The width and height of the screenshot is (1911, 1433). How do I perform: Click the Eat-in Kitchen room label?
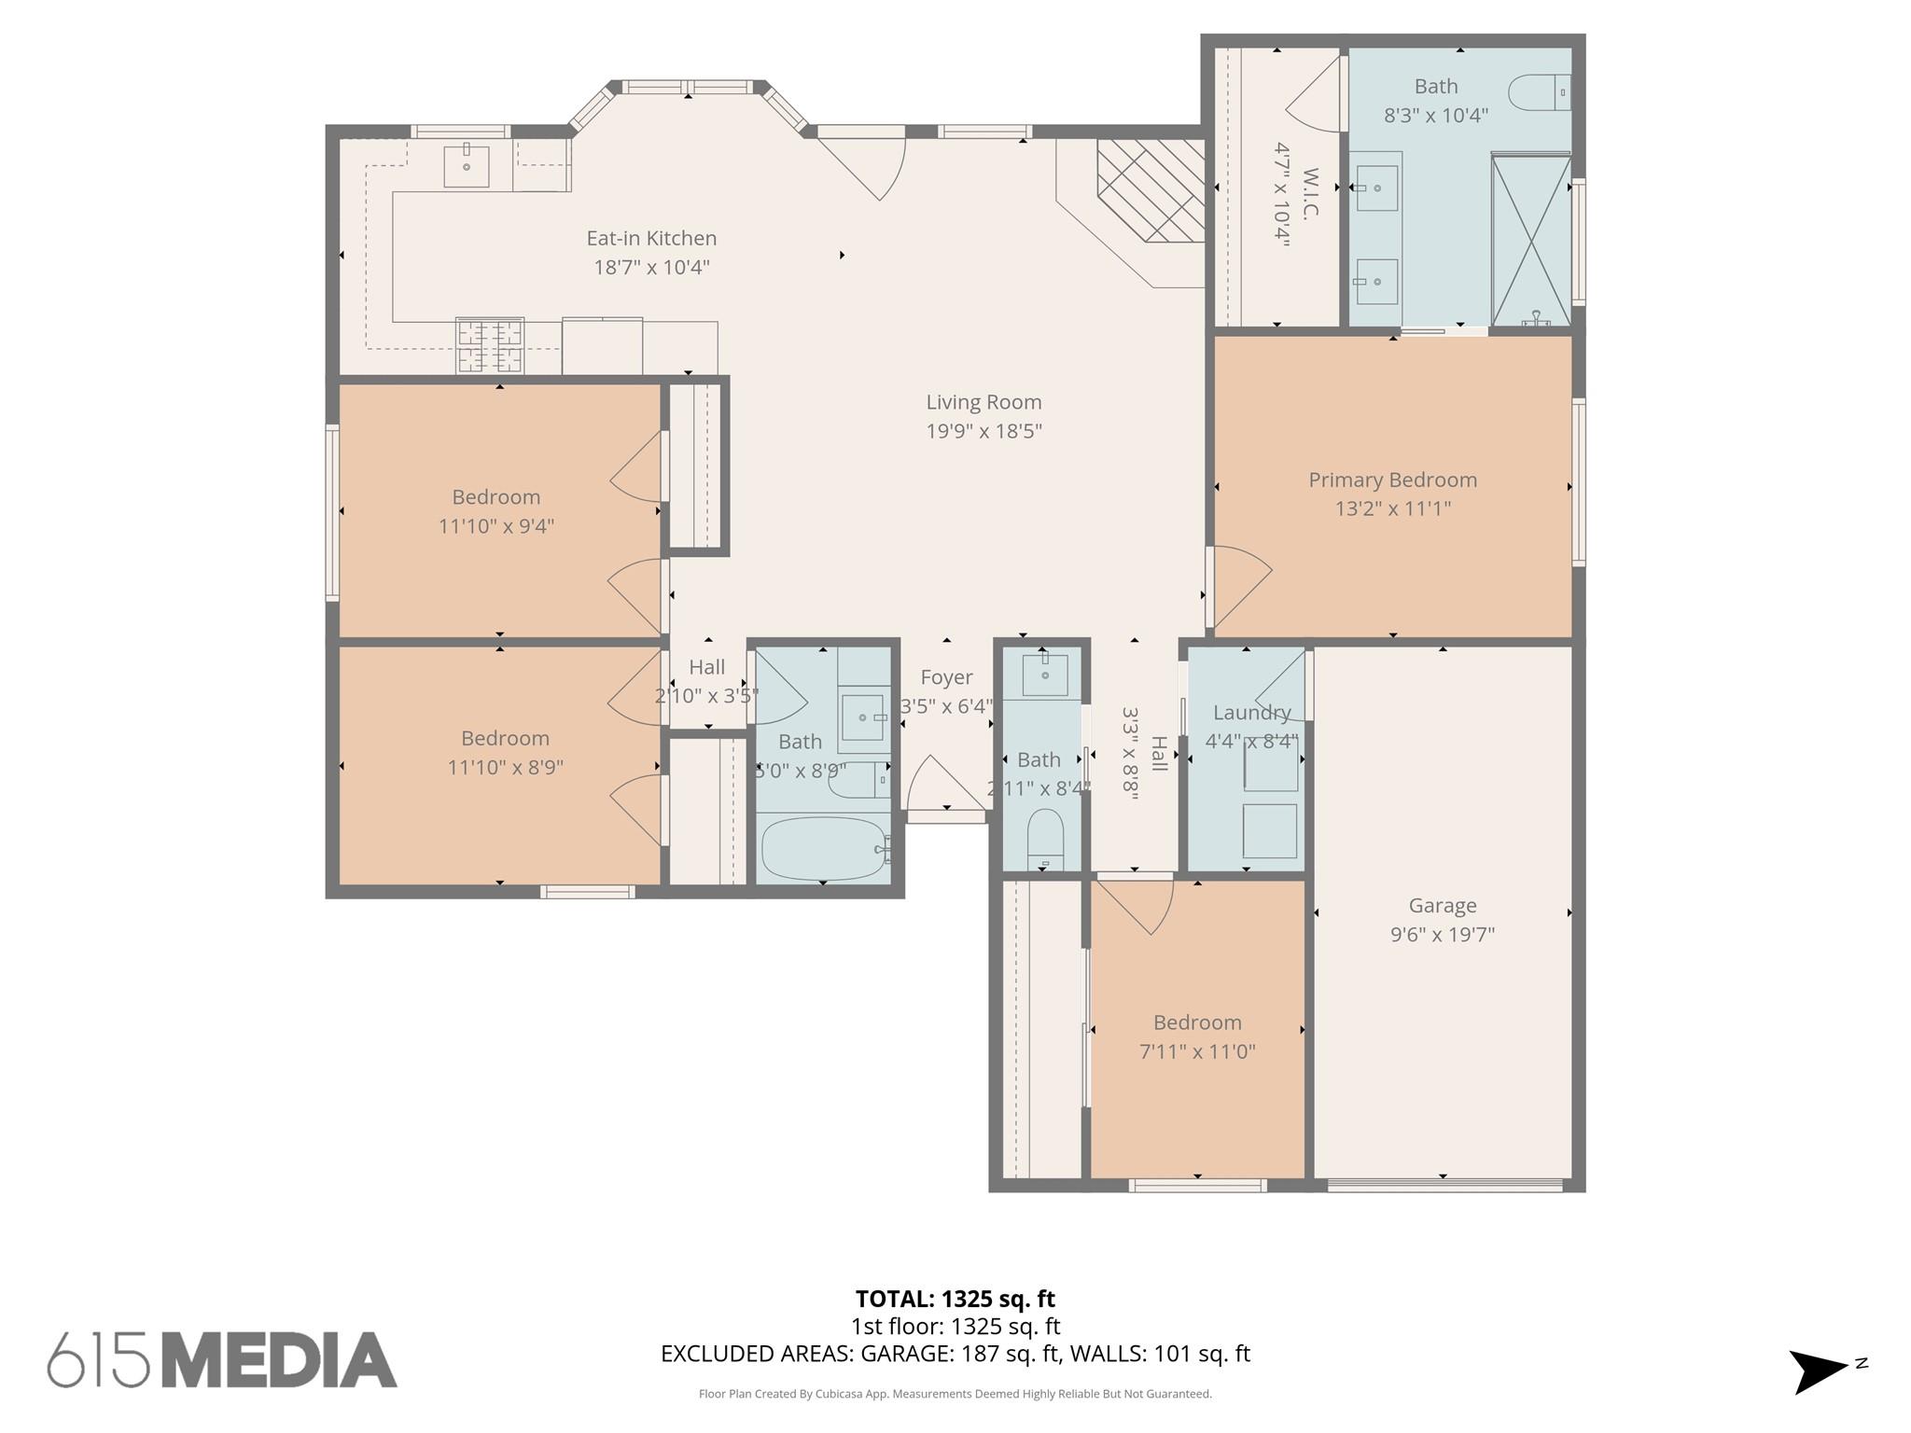pos(651,239)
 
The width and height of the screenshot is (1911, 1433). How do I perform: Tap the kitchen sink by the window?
pos(466,167)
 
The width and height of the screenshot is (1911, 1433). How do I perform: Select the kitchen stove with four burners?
pos(489,345)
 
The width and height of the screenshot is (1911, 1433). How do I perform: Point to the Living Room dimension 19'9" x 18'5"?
pos(983,431)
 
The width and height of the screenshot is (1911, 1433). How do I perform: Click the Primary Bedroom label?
pos(1392,480)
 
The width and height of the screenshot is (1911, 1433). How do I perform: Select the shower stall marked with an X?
pos(1530,240)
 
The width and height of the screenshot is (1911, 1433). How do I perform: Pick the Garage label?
pos(1442,905)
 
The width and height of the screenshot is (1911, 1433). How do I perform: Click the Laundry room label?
pos(1251,713)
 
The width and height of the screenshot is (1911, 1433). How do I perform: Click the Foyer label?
pos(946,677)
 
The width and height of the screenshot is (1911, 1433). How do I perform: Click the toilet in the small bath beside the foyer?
pos(1045,837)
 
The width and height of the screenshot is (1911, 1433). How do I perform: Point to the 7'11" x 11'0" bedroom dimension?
pos(1196,1051)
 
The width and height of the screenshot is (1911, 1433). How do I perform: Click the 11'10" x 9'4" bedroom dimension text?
pos(496,526)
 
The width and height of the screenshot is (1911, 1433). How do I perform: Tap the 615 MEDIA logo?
pos(222,1360)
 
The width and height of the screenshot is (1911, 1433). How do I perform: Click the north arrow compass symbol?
pos(1820,1370)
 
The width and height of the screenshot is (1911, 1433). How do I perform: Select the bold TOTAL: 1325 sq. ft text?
pos(955,1299)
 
